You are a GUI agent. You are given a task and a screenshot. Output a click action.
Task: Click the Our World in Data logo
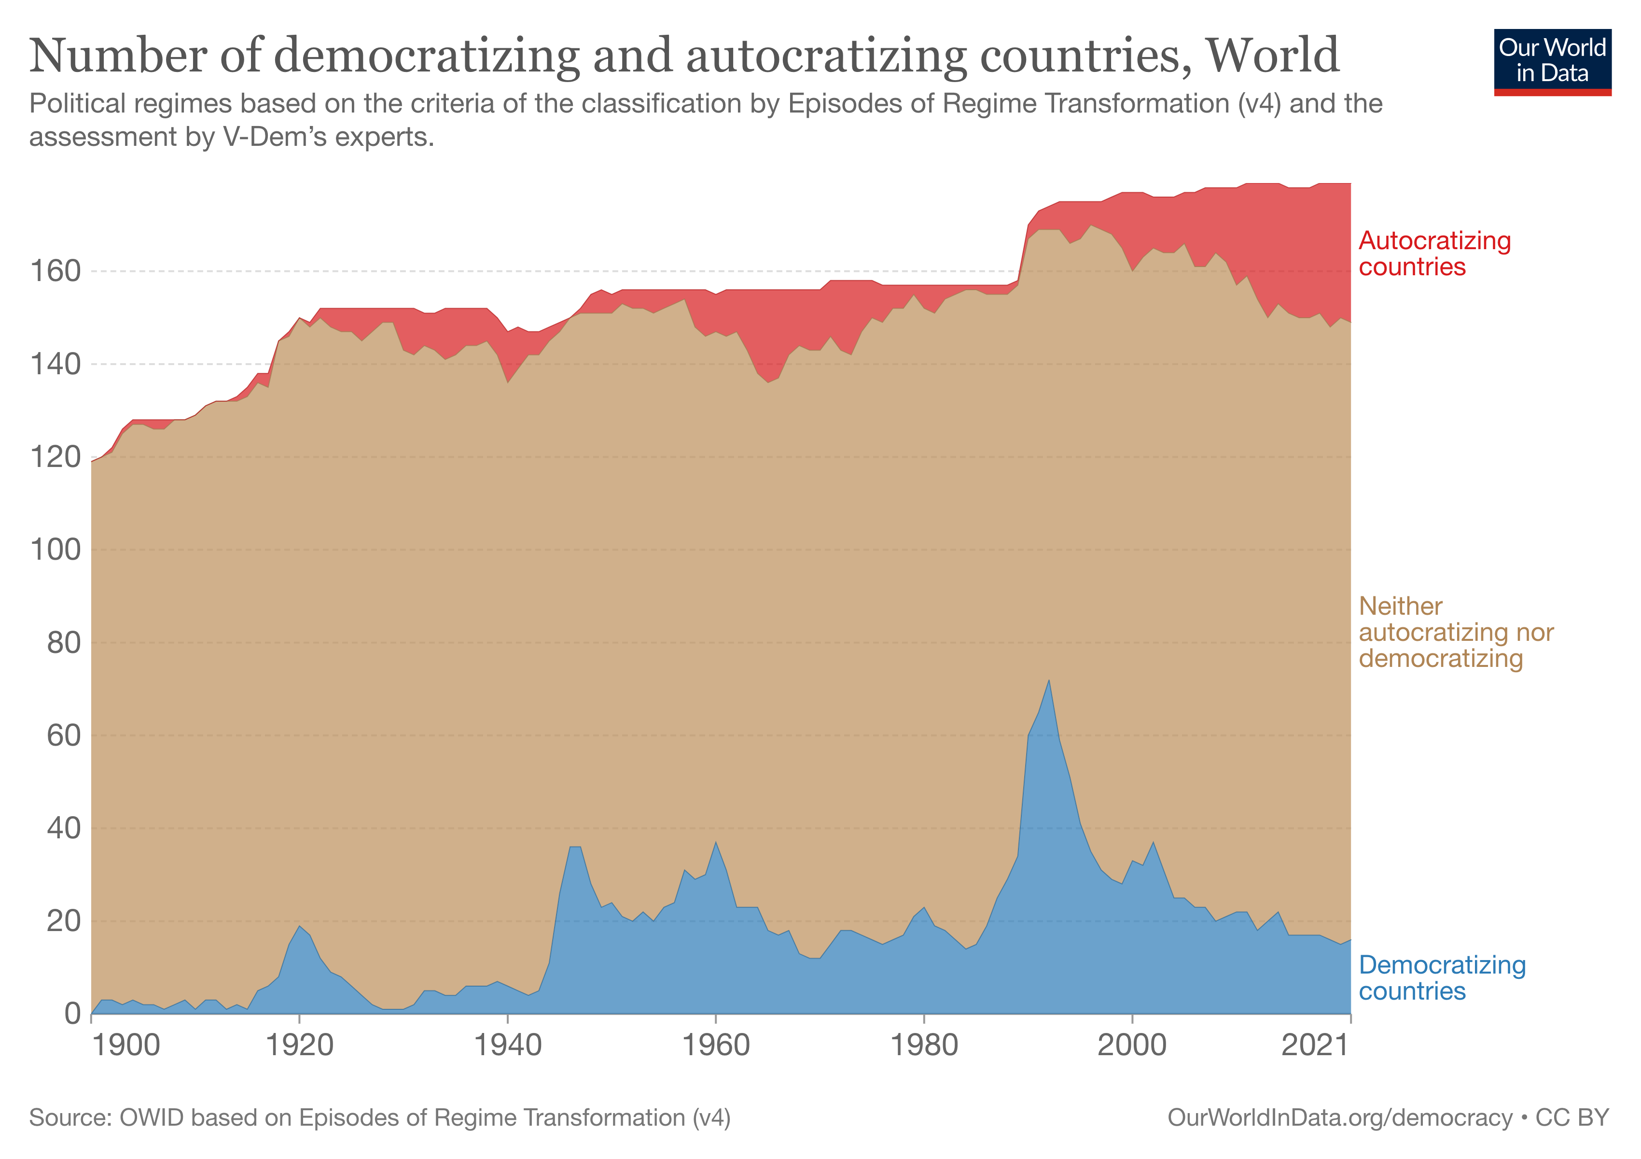pyautogui.click(x=1552, y=61)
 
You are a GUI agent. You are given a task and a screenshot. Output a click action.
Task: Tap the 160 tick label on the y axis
pyautogui.click(x=55, y=272)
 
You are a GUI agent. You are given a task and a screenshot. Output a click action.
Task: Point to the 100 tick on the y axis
pyautogui.click(x=55, y=550)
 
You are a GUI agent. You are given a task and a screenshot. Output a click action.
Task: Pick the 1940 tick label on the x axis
pyautogui.click(x=507, y=1046)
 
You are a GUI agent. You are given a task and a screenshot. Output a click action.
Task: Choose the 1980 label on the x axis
pyautogui.click(x=924, y=1046)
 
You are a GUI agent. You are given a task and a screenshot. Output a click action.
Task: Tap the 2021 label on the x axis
pyautogui.click(x=1314, y=1046)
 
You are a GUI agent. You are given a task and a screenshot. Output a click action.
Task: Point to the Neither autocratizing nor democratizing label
pyautogui.click(x=1455, y=632)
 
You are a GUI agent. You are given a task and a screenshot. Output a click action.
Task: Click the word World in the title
pyautogui.click(x=1273, y=56)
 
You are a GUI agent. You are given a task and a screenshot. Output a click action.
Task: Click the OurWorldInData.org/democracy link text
pyautogui.click(x=1339, y=1117)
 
